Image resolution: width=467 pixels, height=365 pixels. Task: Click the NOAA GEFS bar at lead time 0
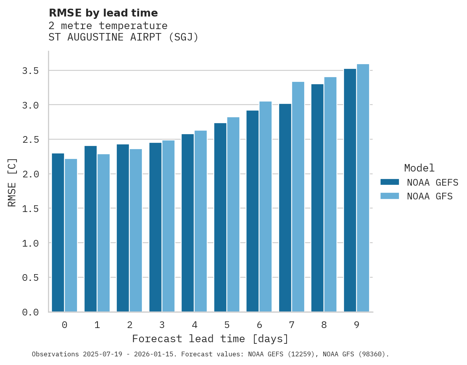(58, 232)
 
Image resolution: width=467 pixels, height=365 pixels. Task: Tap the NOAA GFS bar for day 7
(298, 197)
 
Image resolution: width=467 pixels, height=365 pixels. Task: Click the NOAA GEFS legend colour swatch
(390, 182)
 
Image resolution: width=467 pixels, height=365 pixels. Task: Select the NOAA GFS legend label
(430, 196)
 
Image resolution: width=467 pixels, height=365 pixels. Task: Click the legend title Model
(419, 168)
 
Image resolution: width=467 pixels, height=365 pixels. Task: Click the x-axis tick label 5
(227, 325)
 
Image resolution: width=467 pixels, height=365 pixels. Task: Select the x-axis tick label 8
(324, 325)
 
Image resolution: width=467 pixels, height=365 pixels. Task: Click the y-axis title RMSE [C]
(12, 182)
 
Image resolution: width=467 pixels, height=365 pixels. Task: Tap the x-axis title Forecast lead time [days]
(210, 339)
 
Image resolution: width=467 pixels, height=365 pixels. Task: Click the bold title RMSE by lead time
(103, 13)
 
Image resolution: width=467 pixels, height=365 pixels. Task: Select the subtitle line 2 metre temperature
(108, 26)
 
